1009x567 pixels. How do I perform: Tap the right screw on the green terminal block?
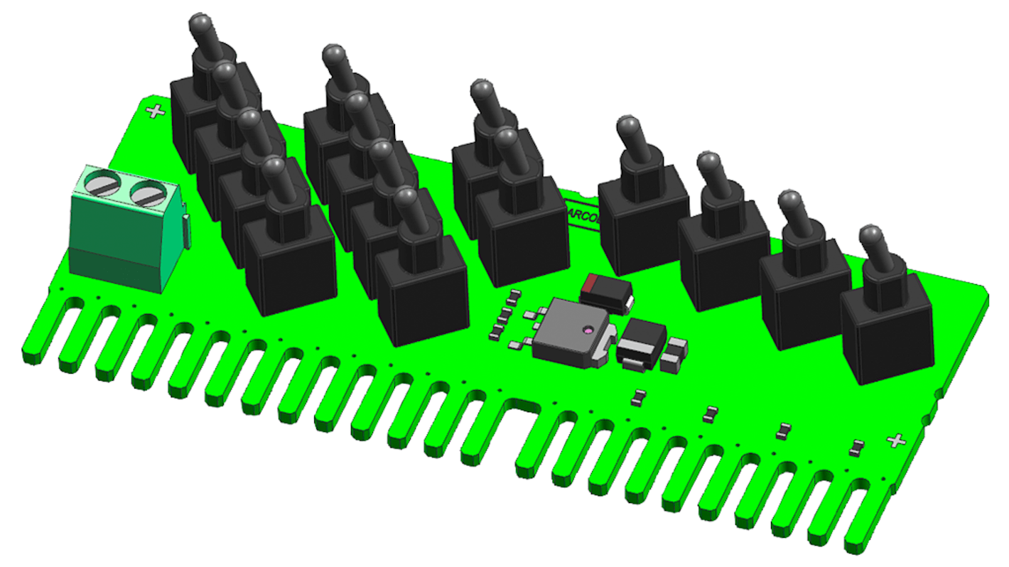(148, 193)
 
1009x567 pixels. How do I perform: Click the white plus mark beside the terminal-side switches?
(155, 111)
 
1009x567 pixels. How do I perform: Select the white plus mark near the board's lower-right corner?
(897, 441)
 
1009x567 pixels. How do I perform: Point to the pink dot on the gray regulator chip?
(588, 331)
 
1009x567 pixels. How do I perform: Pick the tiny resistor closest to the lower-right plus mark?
(858, 448)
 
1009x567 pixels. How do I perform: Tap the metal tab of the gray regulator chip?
(605, 350)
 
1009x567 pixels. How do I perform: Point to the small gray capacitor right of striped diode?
(674, 356)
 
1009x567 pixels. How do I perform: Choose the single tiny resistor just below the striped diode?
(638, 397)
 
